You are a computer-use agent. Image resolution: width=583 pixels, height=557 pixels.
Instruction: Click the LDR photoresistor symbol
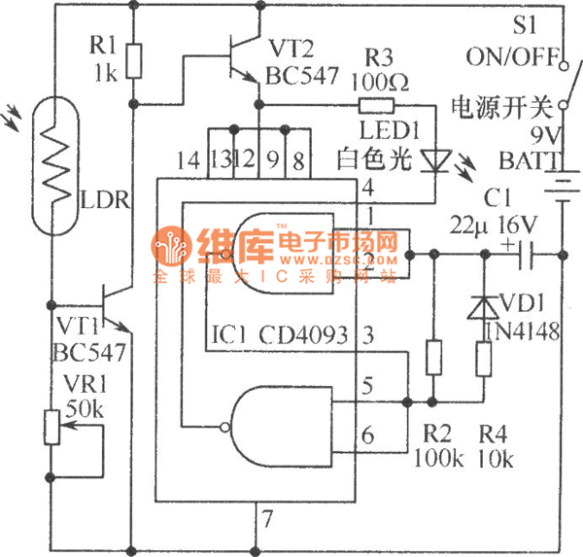click(55, 167)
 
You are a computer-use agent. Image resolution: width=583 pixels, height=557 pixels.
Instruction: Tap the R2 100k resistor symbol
click(433, 358)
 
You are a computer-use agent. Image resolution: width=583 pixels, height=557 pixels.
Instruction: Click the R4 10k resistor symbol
click(484, 361)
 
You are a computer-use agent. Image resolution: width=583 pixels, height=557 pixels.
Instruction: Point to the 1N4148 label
click(526, 331)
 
